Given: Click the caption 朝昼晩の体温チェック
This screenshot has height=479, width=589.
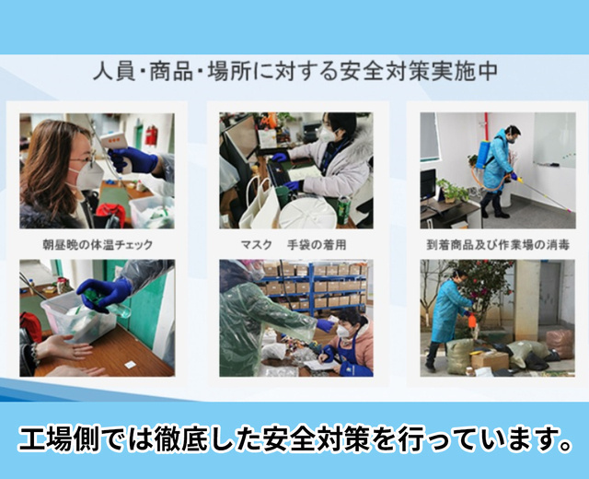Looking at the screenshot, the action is pos(98,245).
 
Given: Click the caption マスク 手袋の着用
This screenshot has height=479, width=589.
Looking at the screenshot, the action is pos(293,245).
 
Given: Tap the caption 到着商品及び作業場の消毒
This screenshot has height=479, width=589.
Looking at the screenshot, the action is pos(498,245).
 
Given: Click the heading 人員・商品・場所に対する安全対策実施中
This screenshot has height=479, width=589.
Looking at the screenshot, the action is pos(295,71).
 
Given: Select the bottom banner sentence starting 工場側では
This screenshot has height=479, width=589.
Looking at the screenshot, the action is pos(295,438).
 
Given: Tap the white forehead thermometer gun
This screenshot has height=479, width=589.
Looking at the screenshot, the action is pos(114,147).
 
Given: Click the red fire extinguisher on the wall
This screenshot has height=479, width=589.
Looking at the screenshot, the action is pos(151,135).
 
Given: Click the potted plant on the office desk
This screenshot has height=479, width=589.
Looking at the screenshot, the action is pos(450,191).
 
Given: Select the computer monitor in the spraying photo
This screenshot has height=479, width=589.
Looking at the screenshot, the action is pos(427,185).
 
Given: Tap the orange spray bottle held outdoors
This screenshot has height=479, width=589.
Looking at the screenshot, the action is pos(472,322).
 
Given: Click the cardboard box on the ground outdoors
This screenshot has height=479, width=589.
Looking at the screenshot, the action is pos(490,359).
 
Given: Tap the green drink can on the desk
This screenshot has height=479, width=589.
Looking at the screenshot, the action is pos(343,210).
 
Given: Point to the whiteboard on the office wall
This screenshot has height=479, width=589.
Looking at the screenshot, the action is pos(554,140).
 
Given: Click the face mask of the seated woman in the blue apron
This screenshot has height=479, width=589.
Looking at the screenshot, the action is pos(342,331).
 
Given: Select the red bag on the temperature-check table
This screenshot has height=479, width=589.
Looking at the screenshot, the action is pos(110,215).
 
